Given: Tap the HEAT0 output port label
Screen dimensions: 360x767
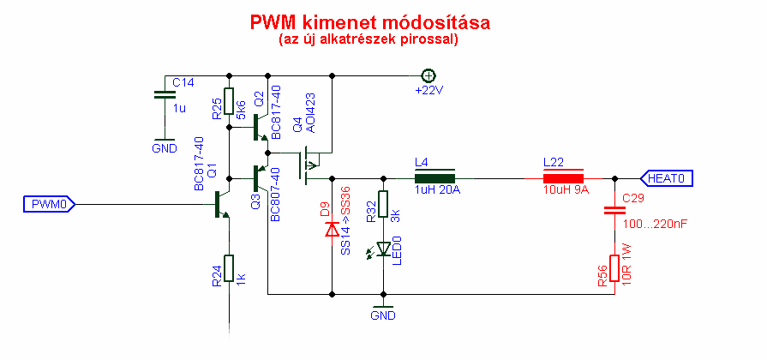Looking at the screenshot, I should (667, 178).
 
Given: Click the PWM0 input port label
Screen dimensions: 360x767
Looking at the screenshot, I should (48, 204).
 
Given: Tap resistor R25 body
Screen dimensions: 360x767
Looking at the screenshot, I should (229, 101).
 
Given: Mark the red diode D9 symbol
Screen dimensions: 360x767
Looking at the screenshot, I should (331, 230).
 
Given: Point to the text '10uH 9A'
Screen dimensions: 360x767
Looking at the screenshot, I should (566, 190).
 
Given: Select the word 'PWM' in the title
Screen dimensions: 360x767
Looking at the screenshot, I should (273, 22).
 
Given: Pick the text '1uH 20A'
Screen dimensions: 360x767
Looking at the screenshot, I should (437, 190).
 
